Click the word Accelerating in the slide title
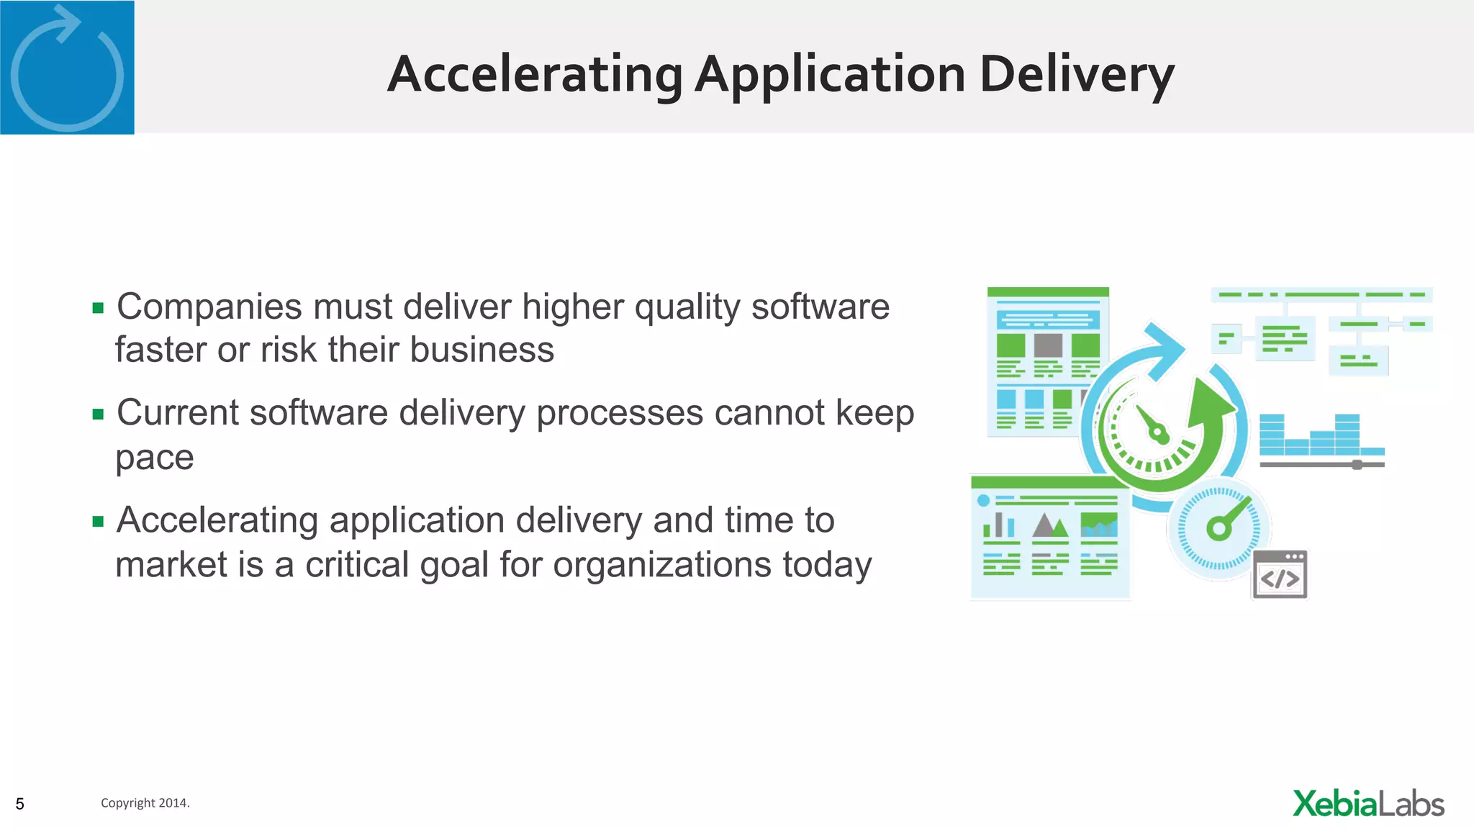click(535, 75)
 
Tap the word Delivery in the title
click(1077, 75)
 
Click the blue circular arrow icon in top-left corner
click(67, 68)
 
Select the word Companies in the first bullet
click(209, 307)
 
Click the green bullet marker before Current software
click(99, 414)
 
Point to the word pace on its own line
click(154, 458)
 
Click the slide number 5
click(20, 804)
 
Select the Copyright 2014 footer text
click(145, 803)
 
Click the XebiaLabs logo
click(1368, 804)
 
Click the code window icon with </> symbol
click(1280, 575)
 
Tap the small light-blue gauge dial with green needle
click(1218, 529)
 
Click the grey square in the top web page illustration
click(1048, 345)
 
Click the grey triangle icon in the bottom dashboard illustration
click(1044, 525)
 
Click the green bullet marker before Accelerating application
click(99, 522)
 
